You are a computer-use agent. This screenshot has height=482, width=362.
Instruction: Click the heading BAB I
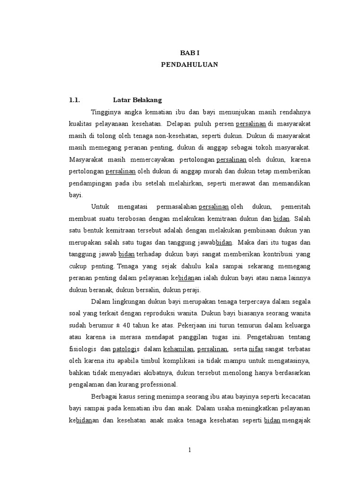coord(189,54)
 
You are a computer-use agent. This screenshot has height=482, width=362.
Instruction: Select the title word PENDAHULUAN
coord(189,65)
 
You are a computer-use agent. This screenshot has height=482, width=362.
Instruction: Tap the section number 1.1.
coord(75,100)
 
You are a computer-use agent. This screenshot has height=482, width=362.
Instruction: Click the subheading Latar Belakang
coord(138,100)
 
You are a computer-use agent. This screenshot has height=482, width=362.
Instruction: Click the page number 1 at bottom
coord(189,450)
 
